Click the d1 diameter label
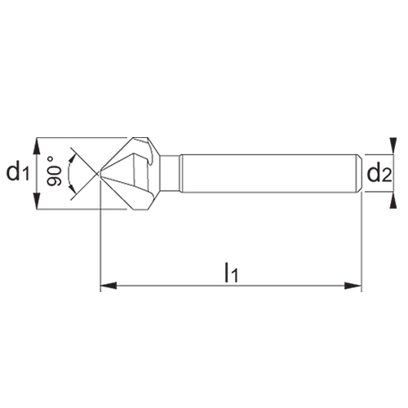(x=17, y=173)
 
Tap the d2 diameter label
(x=381, y=173)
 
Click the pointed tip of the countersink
(x=100, y=172)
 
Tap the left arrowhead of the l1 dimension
(x=104, y=286)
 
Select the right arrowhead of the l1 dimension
(x=357, y=286)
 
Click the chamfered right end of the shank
(x=357, y=172)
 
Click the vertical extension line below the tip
(x=100, y=245)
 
